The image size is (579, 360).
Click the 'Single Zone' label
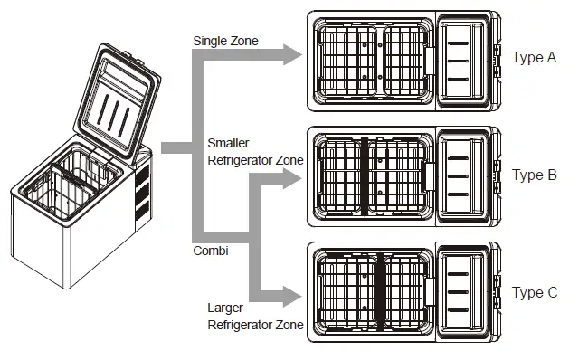coord(226,41)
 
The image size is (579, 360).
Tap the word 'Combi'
coord(211,251)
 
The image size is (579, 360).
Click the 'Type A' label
coord(534,58)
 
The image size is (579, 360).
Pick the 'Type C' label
coord(534,292)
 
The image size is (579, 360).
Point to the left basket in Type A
coord(348,60)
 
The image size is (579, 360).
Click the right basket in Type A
coord(404,60)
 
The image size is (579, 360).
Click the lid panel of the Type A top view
coord(468,60)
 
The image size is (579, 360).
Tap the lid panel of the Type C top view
coord(468,291)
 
